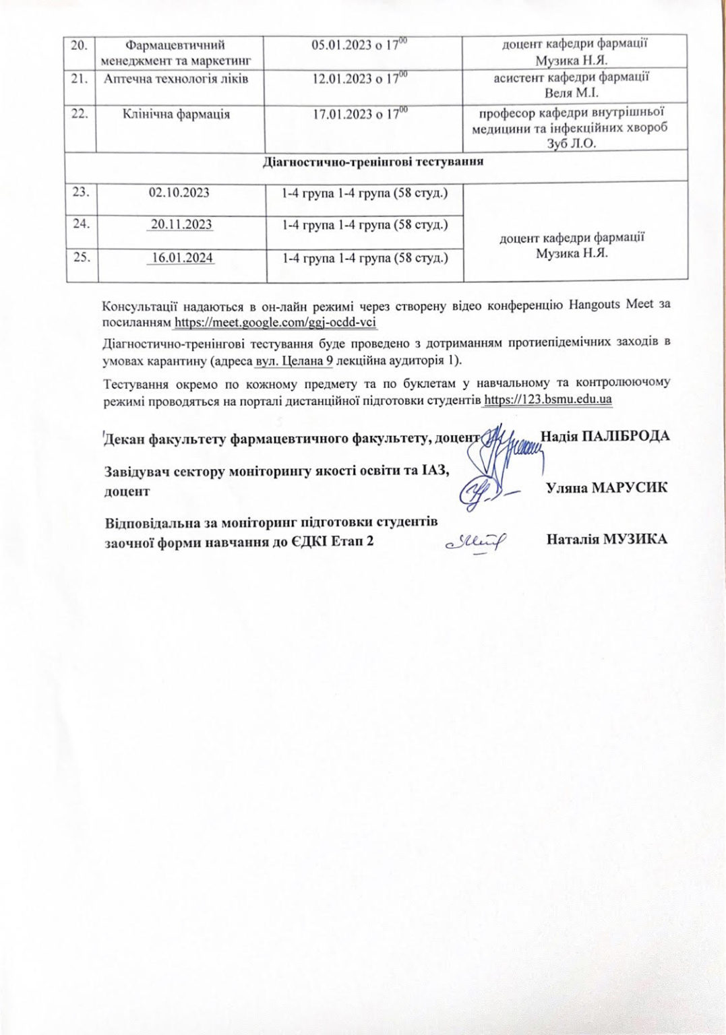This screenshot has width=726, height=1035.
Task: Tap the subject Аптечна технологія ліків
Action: (176, 79)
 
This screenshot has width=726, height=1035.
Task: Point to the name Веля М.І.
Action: (572, 93)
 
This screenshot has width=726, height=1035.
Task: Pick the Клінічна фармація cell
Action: (176, 114)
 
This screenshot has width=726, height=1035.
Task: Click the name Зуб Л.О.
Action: (572, 144)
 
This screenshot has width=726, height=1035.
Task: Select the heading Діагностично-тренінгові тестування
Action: (373, 162)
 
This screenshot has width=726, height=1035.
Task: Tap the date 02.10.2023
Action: (179, 193)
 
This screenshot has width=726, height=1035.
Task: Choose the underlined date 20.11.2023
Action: (181, 224)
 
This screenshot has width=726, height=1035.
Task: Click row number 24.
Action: (81, 224)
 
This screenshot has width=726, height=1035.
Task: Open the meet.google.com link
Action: (275, 322)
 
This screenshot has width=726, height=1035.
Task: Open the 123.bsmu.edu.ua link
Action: (548, 399)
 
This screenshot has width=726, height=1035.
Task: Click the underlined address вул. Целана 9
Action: (295, 360)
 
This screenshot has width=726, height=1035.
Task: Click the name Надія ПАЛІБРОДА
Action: (605, 436)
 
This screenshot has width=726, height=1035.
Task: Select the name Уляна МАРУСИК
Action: (607, 487)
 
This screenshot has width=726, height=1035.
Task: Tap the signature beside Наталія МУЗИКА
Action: (476, 540)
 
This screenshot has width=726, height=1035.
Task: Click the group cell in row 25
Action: (365, 257)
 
